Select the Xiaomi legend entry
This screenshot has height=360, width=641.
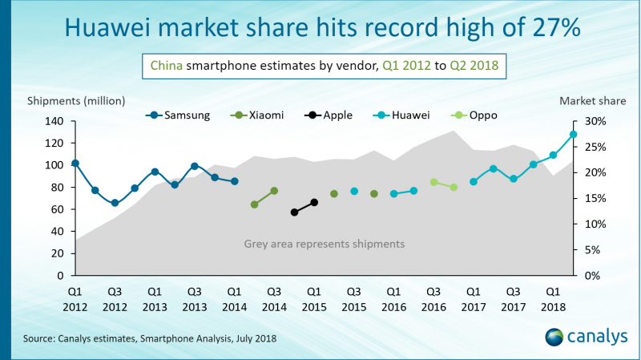(x=260, y=115)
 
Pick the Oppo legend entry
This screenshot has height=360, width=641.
(x=476, y=115)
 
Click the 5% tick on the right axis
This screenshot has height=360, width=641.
(x=595, y=249)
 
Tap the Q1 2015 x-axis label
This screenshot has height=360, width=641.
(x=314, y=298)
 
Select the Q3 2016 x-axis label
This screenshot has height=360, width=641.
(x=433, y=298)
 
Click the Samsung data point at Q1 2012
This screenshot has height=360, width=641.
(x=75, y=164)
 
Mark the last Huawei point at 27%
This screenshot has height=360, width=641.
(x=574, y=134)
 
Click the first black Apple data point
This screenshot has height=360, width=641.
(x=294, y=212)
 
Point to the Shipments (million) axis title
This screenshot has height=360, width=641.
(x=77, y=100)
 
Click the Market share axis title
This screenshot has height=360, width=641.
(x=589, y=100)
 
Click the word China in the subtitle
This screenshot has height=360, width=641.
(x=166, y=65)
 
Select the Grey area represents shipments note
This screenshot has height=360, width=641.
(x=325, y=243)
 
